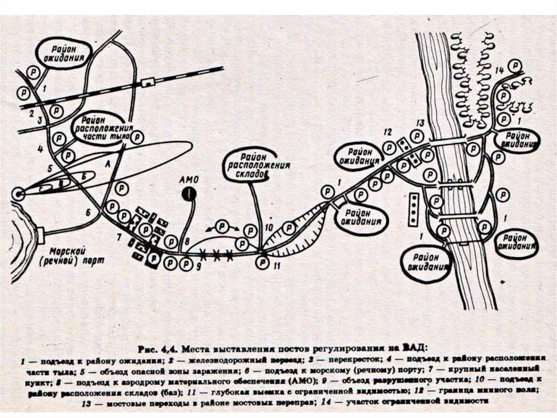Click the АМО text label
[189, 179]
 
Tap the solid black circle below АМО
[189, 193]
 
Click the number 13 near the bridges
[419, 123]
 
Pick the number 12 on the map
[387, 132]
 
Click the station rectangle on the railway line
[146, 82]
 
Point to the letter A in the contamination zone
[107, 163]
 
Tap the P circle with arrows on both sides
[222, 226]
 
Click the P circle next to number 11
[262, 262]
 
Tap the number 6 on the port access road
[88, 211]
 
